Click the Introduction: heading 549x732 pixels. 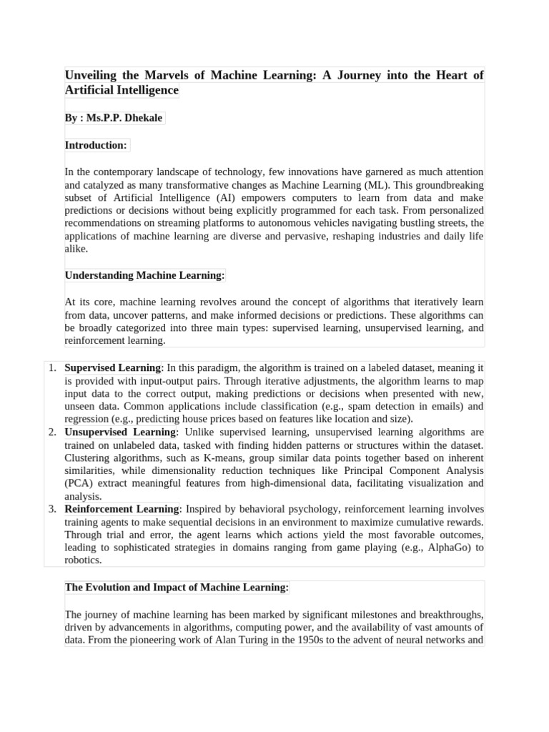96,145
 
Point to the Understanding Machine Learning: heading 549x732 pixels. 145,275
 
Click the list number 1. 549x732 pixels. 51,368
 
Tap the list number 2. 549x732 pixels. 51,432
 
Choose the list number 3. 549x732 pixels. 51,510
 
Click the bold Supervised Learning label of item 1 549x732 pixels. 113,368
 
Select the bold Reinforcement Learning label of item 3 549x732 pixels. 122,510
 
